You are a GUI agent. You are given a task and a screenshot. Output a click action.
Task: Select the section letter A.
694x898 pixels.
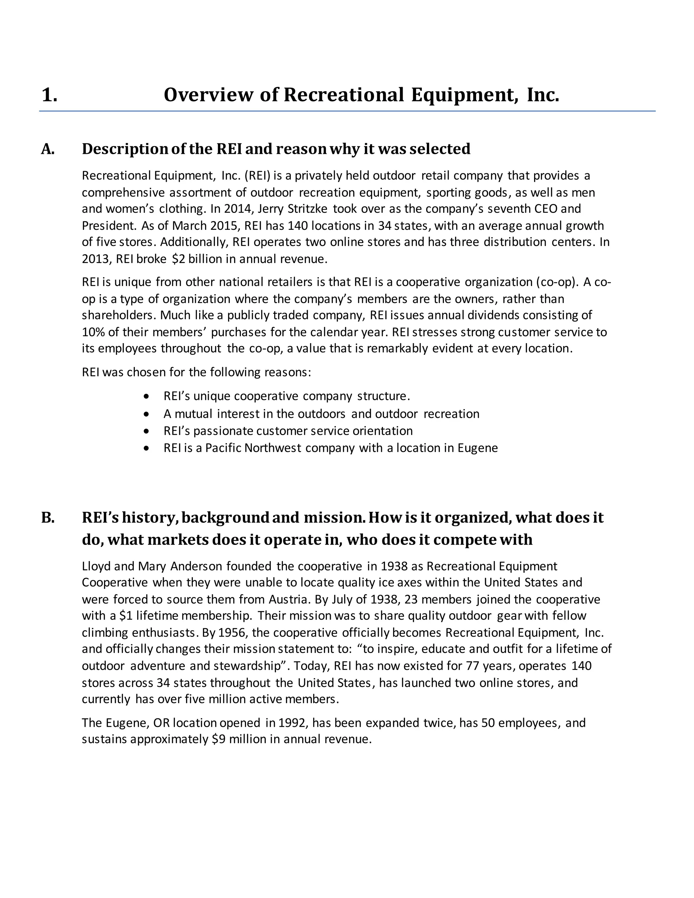pyautogui.click(x=47, y=149)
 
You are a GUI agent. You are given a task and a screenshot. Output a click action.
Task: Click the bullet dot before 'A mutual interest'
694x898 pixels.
pyautogui.click(x=147, y=414)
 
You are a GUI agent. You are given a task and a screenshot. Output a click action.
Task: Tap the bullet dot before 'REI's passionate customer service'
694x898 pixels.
pyautogui.click(x=147, y=431)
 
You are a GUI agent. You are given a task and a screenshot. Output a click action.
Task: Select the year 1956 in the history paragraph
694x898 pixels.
pyautogui.click(x=231, y=632)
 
